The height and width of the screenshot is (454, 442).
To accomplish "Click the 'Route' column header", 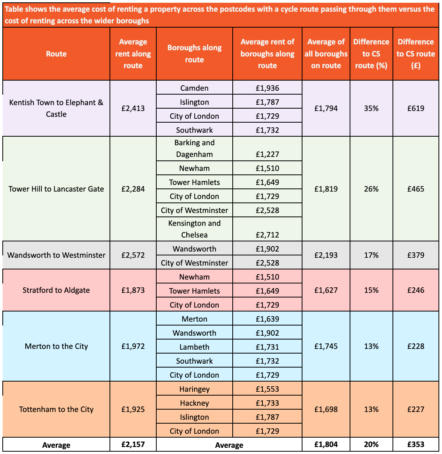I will click(x=56, y=54).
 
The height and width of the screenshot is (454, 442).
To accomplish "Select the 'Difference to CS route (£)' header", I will click(x=415, y=54).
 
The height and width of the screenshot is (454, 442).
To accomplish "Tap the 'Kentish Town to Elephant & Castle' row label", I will click(x=56, y=108).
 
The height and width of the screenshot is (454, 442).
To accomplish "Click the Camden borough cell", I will click(x=194, y=88).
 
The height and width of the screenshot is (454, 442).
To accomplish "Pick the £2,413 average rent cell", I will click(x=133, y=108).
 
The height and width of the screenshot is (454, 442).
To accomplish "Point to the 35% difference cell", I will click(x=371, y=108).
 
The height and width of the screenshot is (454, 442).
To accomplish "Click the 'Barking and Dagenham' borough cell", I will click(x=194, y=148).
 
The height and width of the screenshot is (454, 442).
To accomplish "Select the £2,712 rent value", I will click(x=267, y=235).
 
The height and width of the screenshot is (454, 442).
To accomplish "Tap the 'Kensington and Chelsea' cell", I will click(x=194, y=229).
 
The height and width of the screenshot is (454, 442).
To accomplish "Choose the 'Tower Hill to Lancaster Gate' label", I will click(x=56, y=189).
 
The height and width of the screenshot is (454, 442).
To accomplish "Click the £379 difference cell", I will click(x=415, y=255).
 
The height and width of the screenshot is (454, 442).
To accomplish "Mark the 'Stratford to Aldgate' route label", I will click(x=56, y=290).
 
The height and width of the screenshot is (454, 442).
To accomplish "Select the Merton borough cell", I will click(x=194, y=319).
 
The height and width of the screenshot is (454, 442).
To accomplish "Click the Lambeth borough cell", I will click(x=194, y=347).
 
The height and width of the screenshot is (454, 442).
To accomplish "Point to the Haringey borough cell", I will click(x=194, y=389).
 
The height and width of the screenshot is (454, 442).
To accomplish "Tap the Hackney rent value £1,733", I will click(x=267, y=403).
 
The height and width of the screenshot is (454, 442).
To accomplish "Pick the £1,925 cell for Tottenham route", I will click(x=133, y=409).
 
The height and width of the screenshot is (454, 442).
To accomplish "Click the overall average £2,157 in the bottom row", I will click(x=133, y=444).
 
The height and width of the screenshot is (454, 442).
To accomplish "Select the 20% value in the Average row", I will click(x=371, y=444).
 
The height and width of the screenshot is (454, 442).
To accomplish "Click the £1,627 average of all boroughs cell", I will click(x=326, y=290).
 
